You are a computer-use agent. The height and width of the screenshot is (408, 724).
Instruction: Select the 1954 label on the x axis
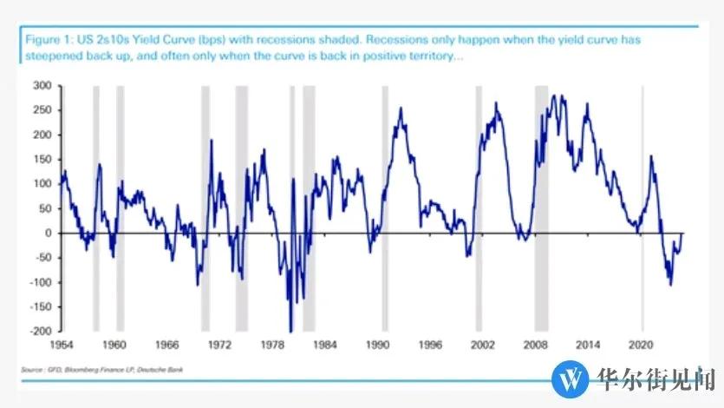(62, 345)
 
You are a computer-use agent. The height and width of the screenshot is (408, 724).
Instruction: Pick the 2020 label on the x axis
(642, 345)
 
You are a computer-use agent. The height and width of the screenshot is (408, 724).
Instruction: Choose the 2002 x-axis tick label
(484, 345)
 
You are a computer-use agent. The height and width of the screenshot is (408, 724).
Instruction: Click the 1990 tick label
(378, 345)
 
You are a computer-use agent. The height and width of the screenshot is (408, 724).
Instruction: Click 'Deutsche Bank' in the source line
(164, 371)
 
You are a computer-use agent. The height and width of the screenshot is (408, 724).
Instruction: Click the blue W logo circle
(571, 378)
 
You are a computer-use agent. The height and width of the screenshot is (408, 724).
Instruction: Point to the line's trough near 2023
(670, 284)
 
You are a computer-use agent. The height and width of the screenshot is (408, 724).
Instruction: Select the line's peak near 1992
(400, 109)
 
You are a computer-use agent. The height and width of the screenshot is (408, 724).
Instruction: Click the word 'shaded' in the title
(330, 40)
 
